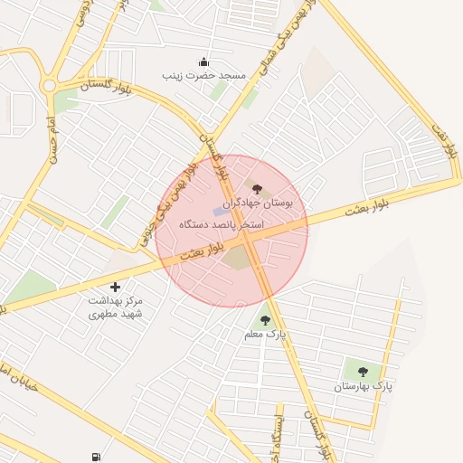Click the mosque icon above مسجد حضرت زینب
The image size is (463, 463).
[x=203, y=62]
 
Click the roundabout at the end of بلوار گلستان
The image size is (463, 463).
[x=49, y=87]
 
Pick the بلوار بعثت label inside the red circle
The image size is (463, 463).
[x=194, y=252]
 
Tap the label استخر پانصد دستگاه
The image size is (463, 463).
[x=222, y=223]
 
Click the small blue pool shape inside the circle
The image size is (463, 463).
[x=227, y=212]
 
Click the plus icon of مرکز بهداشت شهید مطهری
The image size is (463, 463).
[x=115, y=287]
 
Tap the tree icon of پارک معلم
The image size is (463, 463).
[x=265, y=320]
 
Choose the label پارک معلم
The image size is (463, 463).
[x=265, y=335]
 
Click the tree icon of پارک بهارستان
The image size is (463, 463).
[x=363, y=372]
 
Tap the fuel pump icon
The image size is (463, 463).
[x=97, y=457]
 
